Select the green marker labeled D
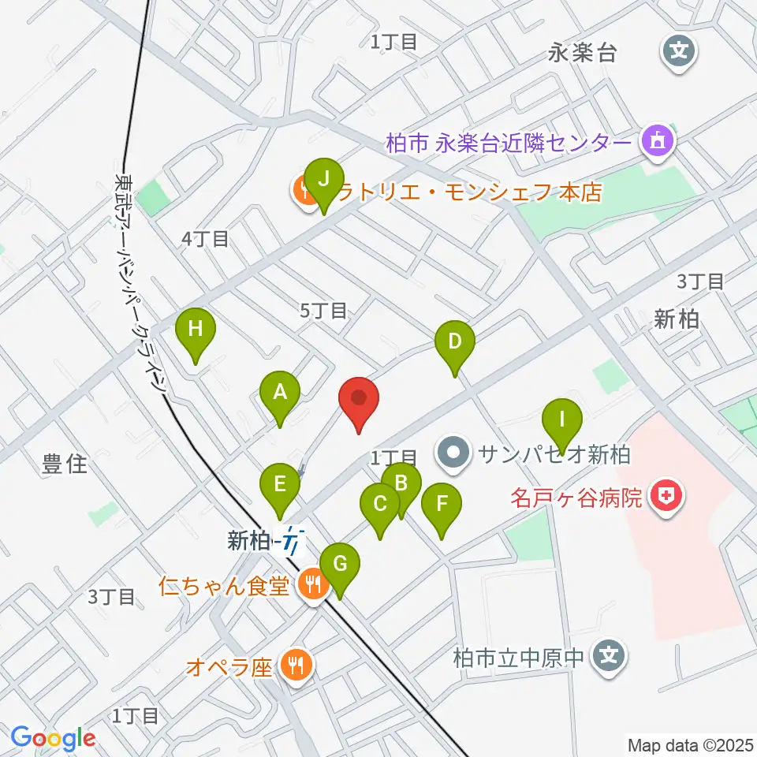(455, 344)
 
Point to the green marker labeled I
(561, 420)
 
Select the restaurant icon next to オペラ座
(296, 666)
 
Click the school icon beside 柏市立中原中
(609, 654)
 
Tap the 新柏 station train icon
(293, 543)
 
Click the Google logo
(54, 737)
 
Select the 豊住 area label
(65, 464)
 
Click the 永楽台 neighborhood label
(582, 54)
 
